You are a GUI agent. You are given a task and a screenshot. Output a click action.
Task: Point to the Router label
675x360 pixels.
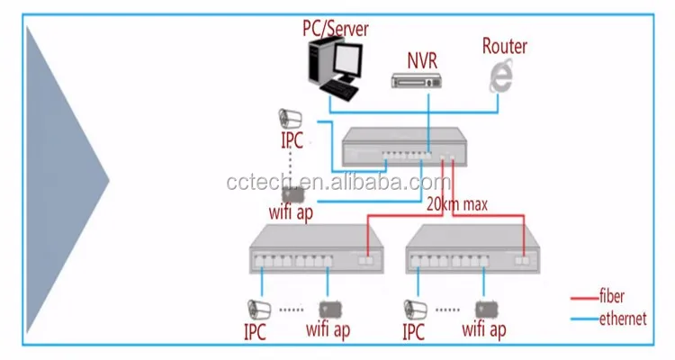pyautogui.click(x=505, y=46)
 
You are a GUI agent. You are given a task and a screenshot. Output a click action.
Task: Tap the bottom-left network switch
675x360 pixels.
pyautogui.click(x=317, y=251)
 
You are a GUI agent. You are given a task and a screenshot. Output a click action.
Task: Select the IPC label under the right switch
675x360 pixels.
pyautogui.click(x=413, y=332)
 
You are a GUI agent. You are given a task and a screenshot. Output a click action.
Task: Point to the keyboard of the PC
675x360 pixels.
pyautogui.click(x=340, y=90)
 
